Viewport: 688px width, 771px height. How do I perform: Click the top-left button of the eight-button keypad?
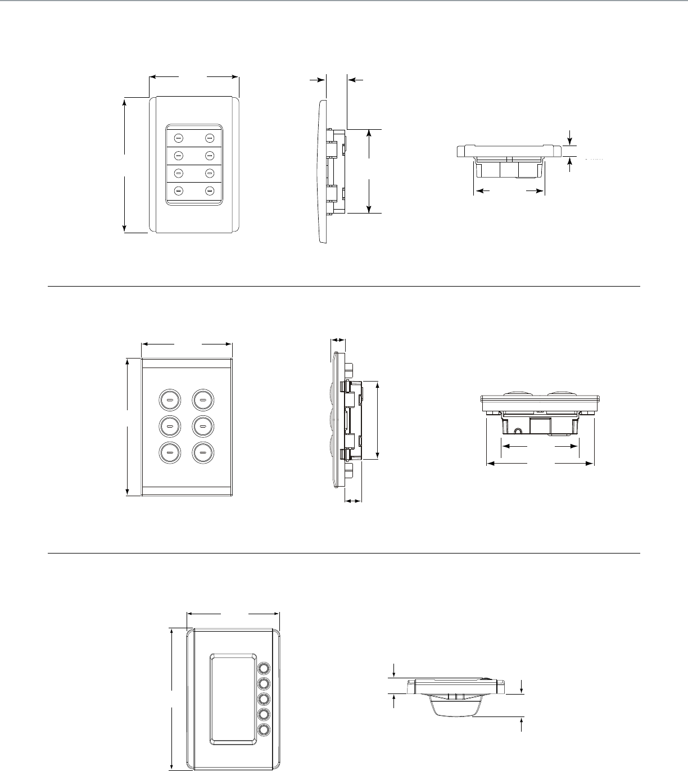[179, 137]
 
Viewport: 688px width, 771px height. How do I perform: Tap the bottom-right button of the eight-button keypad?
[210, 191]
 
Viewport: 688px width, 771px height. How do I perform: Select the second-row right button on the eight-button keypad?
[210, 155]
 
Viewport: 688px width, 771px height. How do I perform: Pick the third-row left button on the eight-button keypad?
[179, 173]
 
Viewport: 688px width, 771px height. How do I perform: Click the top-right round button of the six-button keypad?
[202, 400]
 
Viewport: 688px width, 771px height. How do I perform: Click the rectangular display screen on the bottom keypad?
[233, 700]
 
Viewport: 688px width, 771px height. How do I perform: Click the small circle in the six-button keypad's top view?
[518, 431]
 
